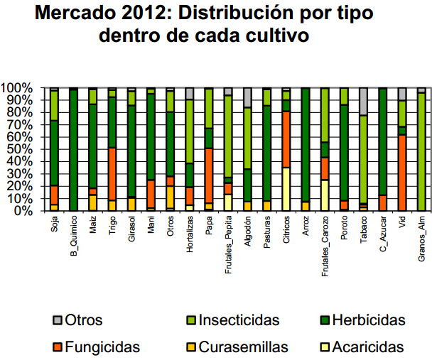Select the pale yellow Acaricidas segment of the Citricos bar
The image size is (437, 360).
click(286, 189)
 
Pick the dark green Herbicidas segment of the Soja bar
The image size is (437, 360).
click(54, 153)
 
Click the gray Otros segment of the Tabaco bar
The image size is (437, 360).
click(363, 102)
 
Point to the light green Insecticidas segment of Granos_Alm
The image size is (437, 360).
click(421, 151)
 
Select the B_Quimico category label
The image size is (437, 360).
click(74, 241)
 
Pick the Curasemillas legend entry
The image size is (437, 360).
click(242, 347)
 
